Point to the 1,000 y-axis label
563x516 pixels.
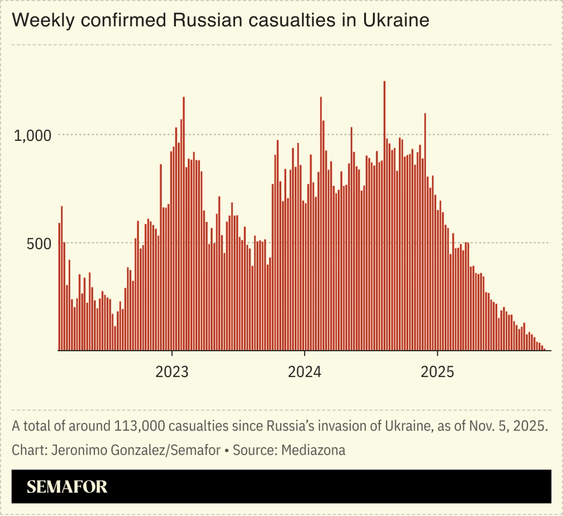pos(33,135)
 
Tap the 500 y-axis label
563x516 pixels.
pos(39,244)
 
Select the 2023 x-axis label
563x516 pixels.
pos(172,372)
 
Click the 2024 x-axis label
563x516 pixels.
pos(304,372)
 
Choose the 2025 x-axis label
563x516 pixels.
pos(437,372)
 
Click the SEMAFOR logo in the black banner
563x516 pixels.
pos(67,487)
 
